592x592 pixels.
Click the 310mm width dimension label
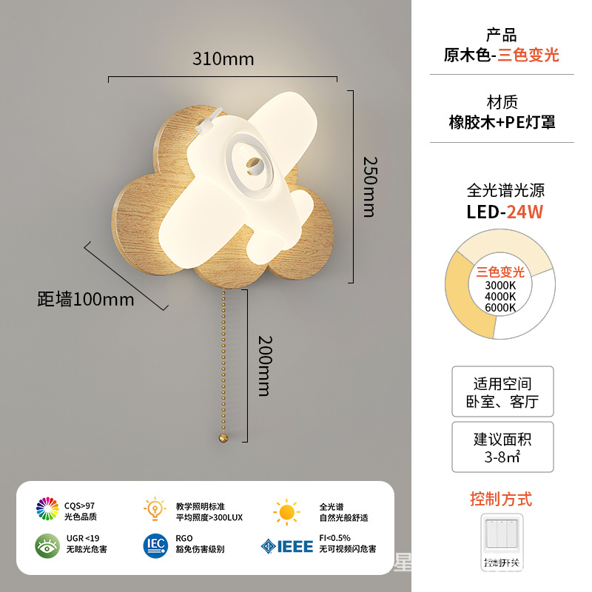coord(223,58)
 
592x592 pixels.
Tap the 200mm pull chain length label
coord(265,366)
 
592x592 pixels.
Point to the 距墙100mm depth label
coord(86,300)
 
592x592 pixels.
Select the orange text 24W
coord(525,212)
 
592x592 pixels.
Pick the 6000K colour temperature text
coord(501,307)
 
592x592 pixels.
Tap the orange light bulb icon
coord(155,509)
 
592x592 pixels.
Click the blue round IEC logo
coord(155,545)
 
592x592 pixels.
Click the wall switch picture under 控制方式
coord(502,541)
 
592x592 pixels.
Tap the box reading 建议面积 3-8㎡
coord(502,447)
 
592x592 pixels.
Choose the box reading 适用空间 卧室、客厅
coord(502,392)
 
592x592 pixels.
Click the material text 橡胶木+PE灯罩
coord(502,123)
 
